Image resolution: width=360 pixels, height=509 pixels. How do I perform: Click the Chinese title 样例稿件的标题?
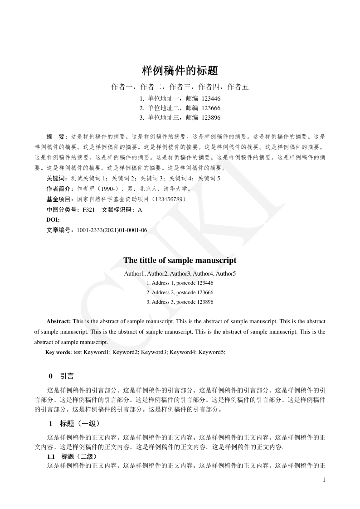(x=180, y=71)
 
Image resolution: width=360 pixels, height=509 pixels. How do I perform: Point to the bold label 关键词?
(x=57, y=178)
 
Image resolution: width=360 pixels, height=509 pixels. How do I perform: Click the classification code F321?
(x=88, y=209)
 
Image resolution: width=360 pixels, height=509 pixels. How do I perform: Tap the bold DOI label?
(x=53, y=220)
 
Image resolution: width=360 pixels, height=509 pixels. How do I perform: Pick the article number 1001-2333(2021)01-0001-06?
(x=112, y=230)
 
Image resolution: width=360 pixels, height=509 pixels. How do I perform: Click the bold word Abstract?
(x=58, y=321)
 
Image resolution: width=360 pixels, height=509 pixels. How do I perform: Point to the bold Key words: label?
(x=58, y=352)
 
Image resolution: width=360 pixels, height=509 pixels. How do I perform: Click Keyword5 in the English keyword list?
(x=211, y=352)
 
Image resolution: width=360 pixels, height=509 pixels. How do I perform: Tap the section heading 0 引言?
(x=61, y=376)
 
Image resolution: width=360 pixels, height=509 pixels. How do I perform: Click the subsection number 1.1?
(x=48, y=456)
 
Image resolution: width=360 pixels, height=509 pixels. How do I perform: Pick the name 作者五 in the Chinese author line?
(x=238, y=87)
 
